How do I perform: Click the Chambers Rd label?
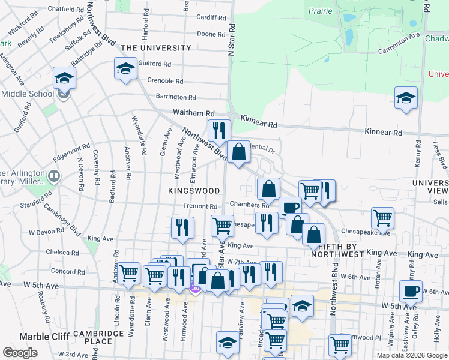252,205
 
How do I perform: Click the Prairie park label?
321,11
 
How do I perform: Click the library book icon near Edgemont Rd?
54,176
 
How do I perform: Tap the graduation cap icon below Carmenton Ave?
406,98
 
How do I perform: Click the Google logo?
20,353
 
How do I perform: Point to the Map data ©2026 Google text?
411,355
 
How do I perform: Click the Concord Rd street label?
64,271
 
